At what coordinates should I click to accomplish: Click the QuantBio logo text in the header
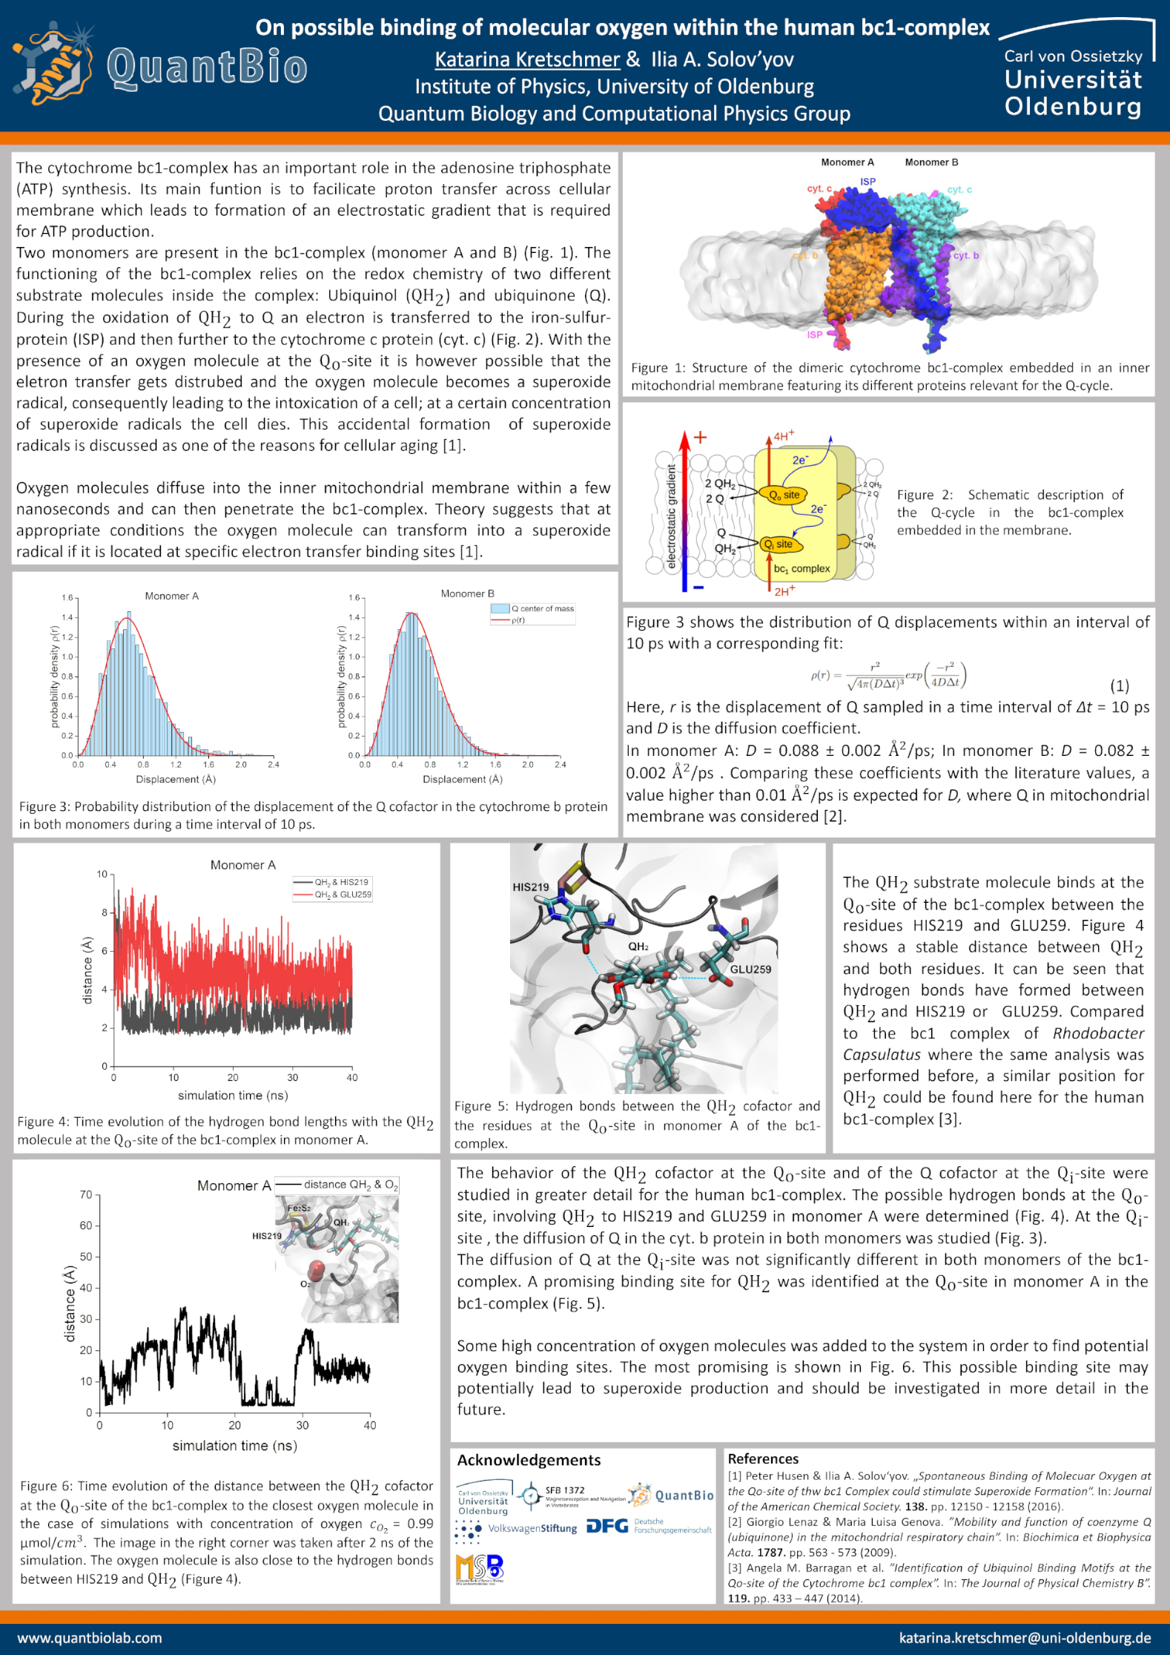pyautogui.click(x=207, y=68)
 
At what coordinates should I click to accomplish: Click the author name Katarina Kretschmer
pyautogui.click(x=526, y=59)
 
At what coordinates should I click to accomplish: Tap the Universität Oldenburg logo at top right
pyautogui.click(x=1074, y=82)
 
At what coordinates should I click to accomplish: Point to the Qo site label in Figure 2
pyautogui.click(x=784, y=495)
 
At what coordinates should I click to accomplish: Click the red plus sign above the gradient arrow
pyautogui.click(x=700, y=437)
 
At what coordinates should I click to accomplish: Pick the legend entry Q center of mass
pyautogui.click(x=542, y=608)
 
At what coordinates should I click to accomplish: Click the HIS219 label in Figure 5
pyautogui.click(x=531, y=886)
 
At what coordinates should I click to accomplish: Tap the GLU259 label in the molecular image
pyautogui.click(x=750, y=969)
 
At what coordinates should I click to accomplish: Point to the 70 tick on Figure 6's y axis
pyautogui.click(x=86, y=1194)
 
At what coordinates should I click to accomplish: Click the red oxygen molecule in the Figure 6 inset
pyautogui.click(x=317, y=1270)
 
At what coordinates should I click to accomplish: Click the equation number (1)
pyautogui.click(x=1119, y=685)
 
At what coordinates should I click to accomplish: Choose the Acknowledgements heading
pyautogui.click(x=529, y=1460)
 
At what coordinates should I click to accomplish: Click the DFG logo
pyautogui.click(x=607, y=1527)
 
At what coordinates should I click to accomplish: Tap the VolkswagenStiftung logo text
pyautogui.click(x=532, y=1528)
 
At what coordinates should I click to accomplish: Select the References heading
pyautogui.click(x=763, y=1458)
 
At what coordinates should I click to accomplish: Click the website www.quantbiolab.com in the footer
pyautogui.click(x=90, y=1637)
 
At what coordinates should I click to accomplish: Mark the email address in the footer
pyautogui.click(x=1025, y=1637)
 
